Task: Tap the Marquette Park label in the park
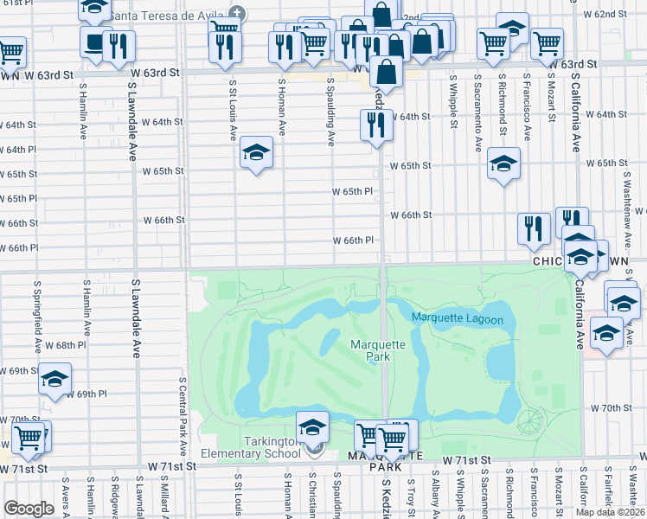coord(377,350)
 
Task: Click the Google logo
coord(28,509)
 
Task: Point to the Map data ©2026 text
coord(611,512)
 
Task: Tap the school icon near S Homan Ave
coord(256,154)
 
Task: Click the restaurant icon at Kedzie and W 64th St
coord(376,125)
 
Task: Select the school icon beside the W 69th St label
coord(55,379)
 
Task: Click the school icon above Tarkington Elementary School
coord(312,426)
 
